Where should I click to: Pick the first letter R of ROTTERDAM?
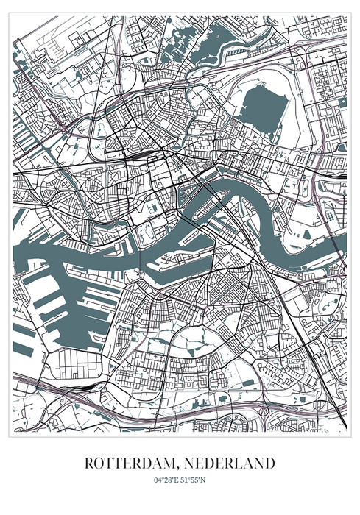pyautogui.click(x=89, y=464)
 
